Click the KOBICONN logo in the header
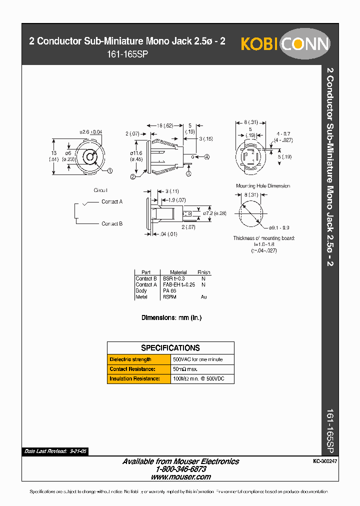[x=285, y=44]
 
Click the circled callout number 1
[x=110, y=170]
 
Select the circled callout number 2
[x=133, y=176]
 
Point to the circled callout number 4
[x=207, y=156]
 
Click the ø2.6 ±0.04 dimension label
[x=90, y=131]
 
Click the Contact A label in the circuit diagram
[x=112, y=201]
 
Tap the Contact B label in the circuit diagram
[x=112, y=223]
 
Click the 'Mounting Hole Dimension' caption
[x=263, y=186]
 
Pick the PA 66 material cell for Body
[x=169, y=290]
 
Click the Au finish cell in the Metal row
[x=203, y=297]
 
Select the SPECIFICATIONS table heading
[x=170, y=348]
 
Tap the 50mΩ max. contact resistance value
[x=186, y=369]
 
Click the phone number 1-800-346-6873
[x=180, y=469]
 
